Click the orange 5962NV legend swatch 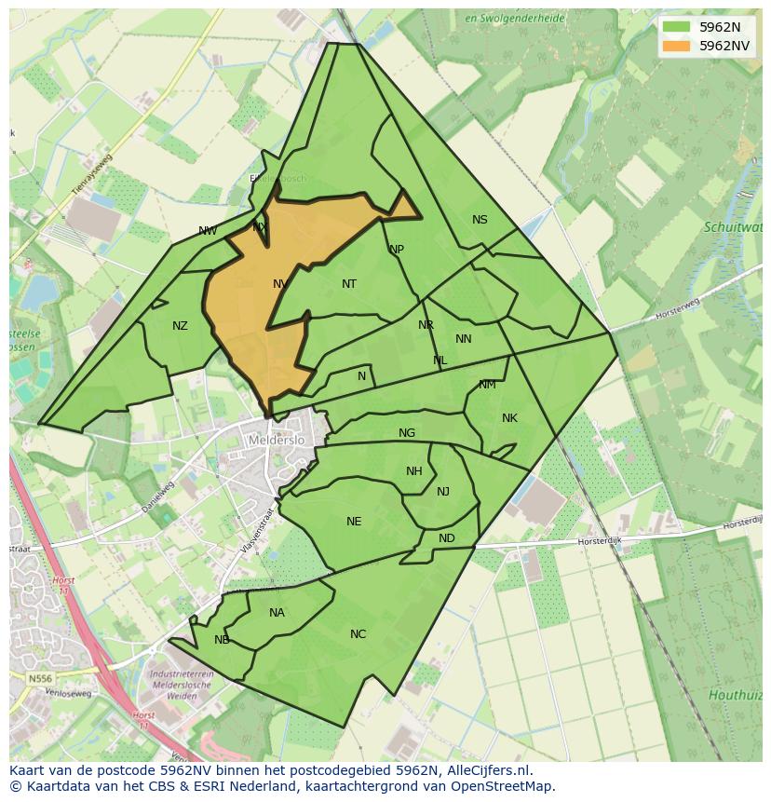[x=677, y=46]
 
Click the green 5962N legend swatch [x=677, y=27]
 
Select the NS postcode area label [x=480, y=220]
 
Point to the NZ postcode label [x=180, y=326]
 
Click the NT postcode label [x=349, y=284]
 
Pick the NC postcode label [x=358, y=634]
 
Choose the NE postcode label [x=354, y=522]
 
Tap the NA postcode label [x=277, y=613]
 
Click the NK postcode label [x=509, y=418]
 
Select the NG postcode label [x=407, y=433]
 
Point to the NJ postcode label [x=443, y=492]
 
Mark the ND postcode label [x=447, y=538]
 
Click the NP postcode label [x=397, y=250]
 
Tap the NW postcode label [x=208, y=231]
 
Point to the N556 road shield [x=40, y=679]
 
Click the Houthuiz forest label [x=735, y=695]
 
